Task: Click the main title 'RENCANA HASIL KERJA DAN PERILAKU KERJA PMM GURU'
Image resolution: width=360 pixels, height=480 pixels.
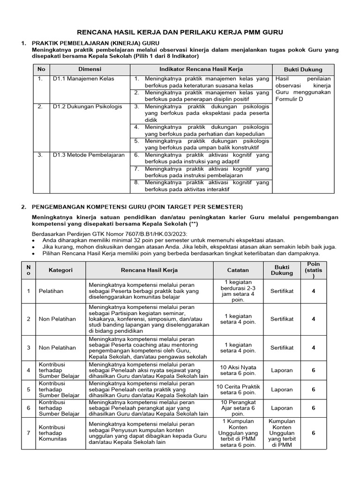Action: tap(180, 32)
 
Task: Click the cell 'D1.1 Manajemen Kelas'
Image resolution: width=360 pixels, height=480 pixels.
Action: tap(83, 79)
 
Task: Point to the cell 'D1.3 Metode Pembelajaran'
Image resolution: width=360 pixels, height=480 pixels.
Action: tap(88, 155)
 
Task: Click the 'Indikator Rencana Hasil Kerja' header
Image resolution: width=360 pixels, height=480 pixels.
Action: tap(201, 69)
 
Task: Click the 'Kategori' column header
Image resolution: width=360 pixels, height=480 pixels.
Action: tap(60, 270)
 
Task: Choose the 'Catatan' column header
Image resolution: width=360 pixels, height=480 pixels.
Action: tap(238, 270)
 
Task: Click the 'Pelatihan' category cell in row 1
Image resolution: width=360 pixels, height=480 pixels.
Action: tap(51, 291)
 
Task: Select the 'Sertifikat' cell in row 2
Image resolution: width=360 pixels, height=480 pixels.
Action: tap(282, 319)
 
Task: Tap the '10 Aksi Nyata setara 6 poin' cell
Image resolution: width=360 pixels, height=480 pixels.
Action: tap(238, 370)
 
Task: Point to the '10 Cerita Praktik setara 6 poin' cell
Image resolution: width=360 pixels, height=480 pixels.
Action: tap(238, 389)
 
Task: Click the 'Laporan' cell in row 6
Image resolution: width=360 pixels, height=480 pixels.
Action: tap(282, 408)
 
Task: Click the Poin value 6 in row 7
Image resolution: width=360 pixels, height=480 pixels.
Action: tap(314, 433)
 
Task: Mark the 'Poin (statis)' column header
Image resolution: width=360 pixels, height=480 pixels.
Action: tap(314, 270)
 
